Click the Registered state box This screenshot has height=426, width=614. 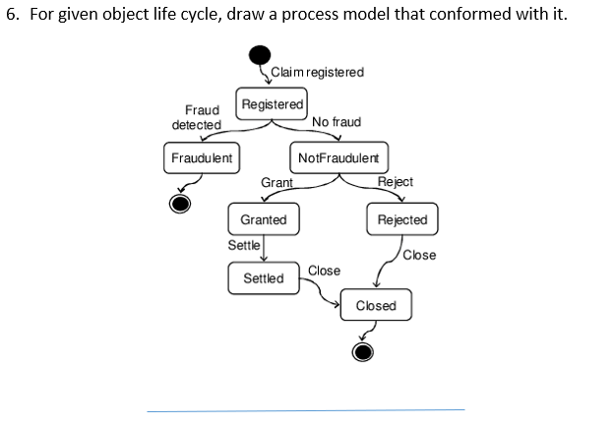[273, 103]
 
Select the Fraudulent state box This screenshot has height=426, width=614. [202, 158]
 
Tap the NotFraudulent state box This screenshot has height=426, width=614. [337, 158]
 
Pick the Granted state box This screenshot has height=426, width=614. [263, 219]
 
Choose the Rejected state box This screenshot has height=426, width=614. [402, 219]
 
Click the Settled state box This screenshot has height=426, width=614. [263, 278]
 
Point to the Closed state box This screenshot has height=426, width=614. [376, 305]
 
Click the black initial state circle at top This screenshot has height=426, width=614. [259, 55]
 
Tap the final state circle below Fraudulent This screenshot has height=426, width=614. [179, 203]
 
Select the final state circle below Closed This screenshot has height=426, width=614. [363, 351]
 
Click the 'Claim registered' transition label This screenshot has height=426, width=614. [316, 72]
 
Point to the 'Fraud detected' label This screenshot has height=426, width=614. [196, 118]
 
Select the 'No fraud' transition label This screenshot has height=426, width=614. [336, 122]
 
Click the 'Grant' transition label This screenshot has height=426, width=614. [276, 182]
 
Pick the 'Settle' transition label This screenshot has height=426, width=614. [244, 245]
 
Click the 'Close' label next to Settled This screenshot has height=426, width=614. [324, 270]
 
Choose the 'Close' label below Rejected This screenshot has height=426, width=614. [419, 255]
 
